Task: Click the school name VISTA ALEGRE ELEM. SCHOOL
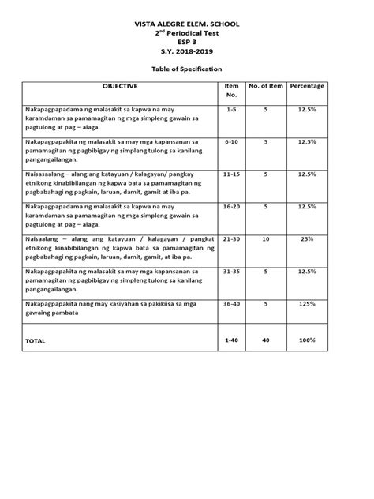tap(187, 25)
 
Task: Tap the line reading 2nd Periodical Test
tap(187, 36)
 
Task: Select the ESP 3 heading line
tap(187, 46)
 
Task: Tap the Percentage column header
tap(305, 84)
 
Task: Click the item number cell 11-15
tap(231, 174)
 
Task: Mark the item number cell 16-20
tap(231, 207)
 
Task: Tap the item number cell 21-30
tap(231, 239)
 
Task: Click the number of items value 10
tap(266, 239)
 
